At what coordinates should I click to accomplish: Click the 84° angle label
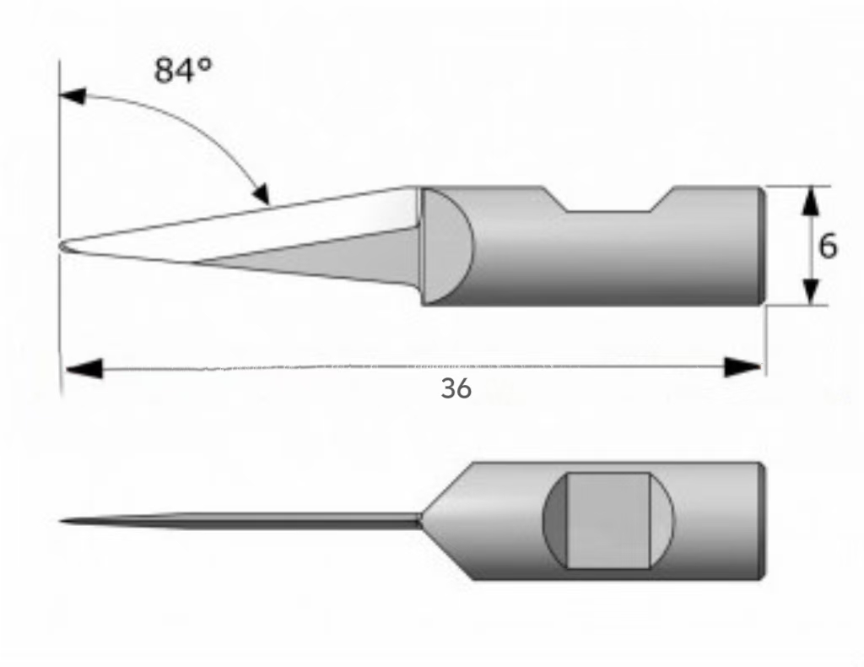[x=183, y=71]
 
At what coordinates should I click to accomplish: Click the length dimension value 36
[x=456, y=388]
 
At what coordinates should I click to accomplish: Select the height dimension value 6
[x=828, y=246]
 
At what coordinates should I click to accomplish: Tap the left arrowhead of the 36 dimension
[x=84, y=368]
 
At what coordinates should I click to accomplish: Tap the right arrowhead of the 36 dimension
[x=742, y=367]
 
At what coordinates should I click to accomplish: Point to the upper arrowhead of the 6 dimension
[x=809, y=201]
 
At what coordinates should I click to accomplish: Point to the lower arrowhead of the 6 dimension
[x=809, y=291]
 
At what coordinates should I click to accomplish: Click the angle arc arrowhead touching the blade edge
[x=261, y=193]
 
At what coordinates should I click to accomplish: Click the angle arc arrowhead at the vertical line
[x=73, y=96]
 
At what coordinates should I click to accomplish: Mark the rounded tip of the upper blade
[x=62, y=247]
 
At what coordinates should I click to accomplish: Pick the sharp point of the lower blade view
[x=60, y=521]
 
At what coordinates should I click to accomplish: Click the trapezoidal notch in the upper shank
[x=609, y=199]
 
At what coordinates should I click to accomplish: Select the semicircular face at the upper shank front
[x=444, y=246]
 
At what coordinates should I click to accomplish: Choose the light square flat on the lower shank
[x=608, y=520]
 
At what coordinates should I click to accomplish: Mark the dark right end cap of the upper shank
[x=762, y=246]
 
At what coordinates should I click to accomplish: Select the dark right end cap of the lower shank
[x=762, y=522]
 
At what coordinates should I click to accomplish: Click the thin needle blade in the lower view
[x=240, y=521]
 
